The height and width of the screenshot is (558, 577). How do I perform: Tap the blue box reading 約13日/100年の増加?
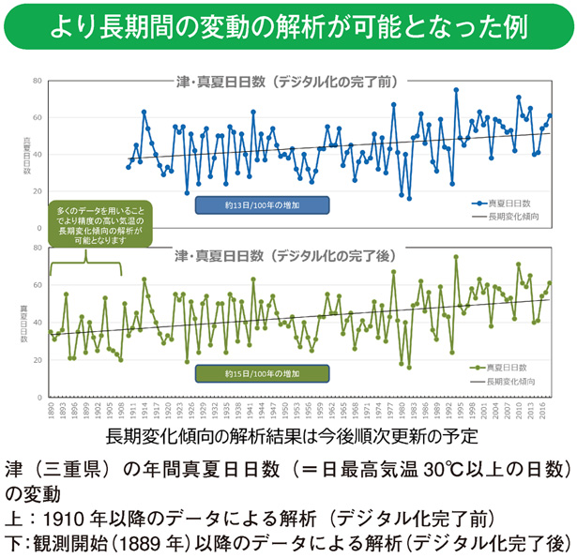coord(261,205)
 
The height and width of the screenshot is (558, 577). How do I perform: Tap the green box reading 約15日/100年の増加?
coord(261,373)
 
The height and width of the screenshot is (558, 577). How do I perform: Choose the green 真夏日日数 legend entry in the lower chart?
coord(502,369)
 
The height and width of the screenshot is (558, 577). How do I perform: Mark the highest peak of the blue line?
coord(456,90)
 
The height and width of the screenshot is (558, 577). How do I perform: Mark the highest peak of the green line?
coord(456,257)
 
